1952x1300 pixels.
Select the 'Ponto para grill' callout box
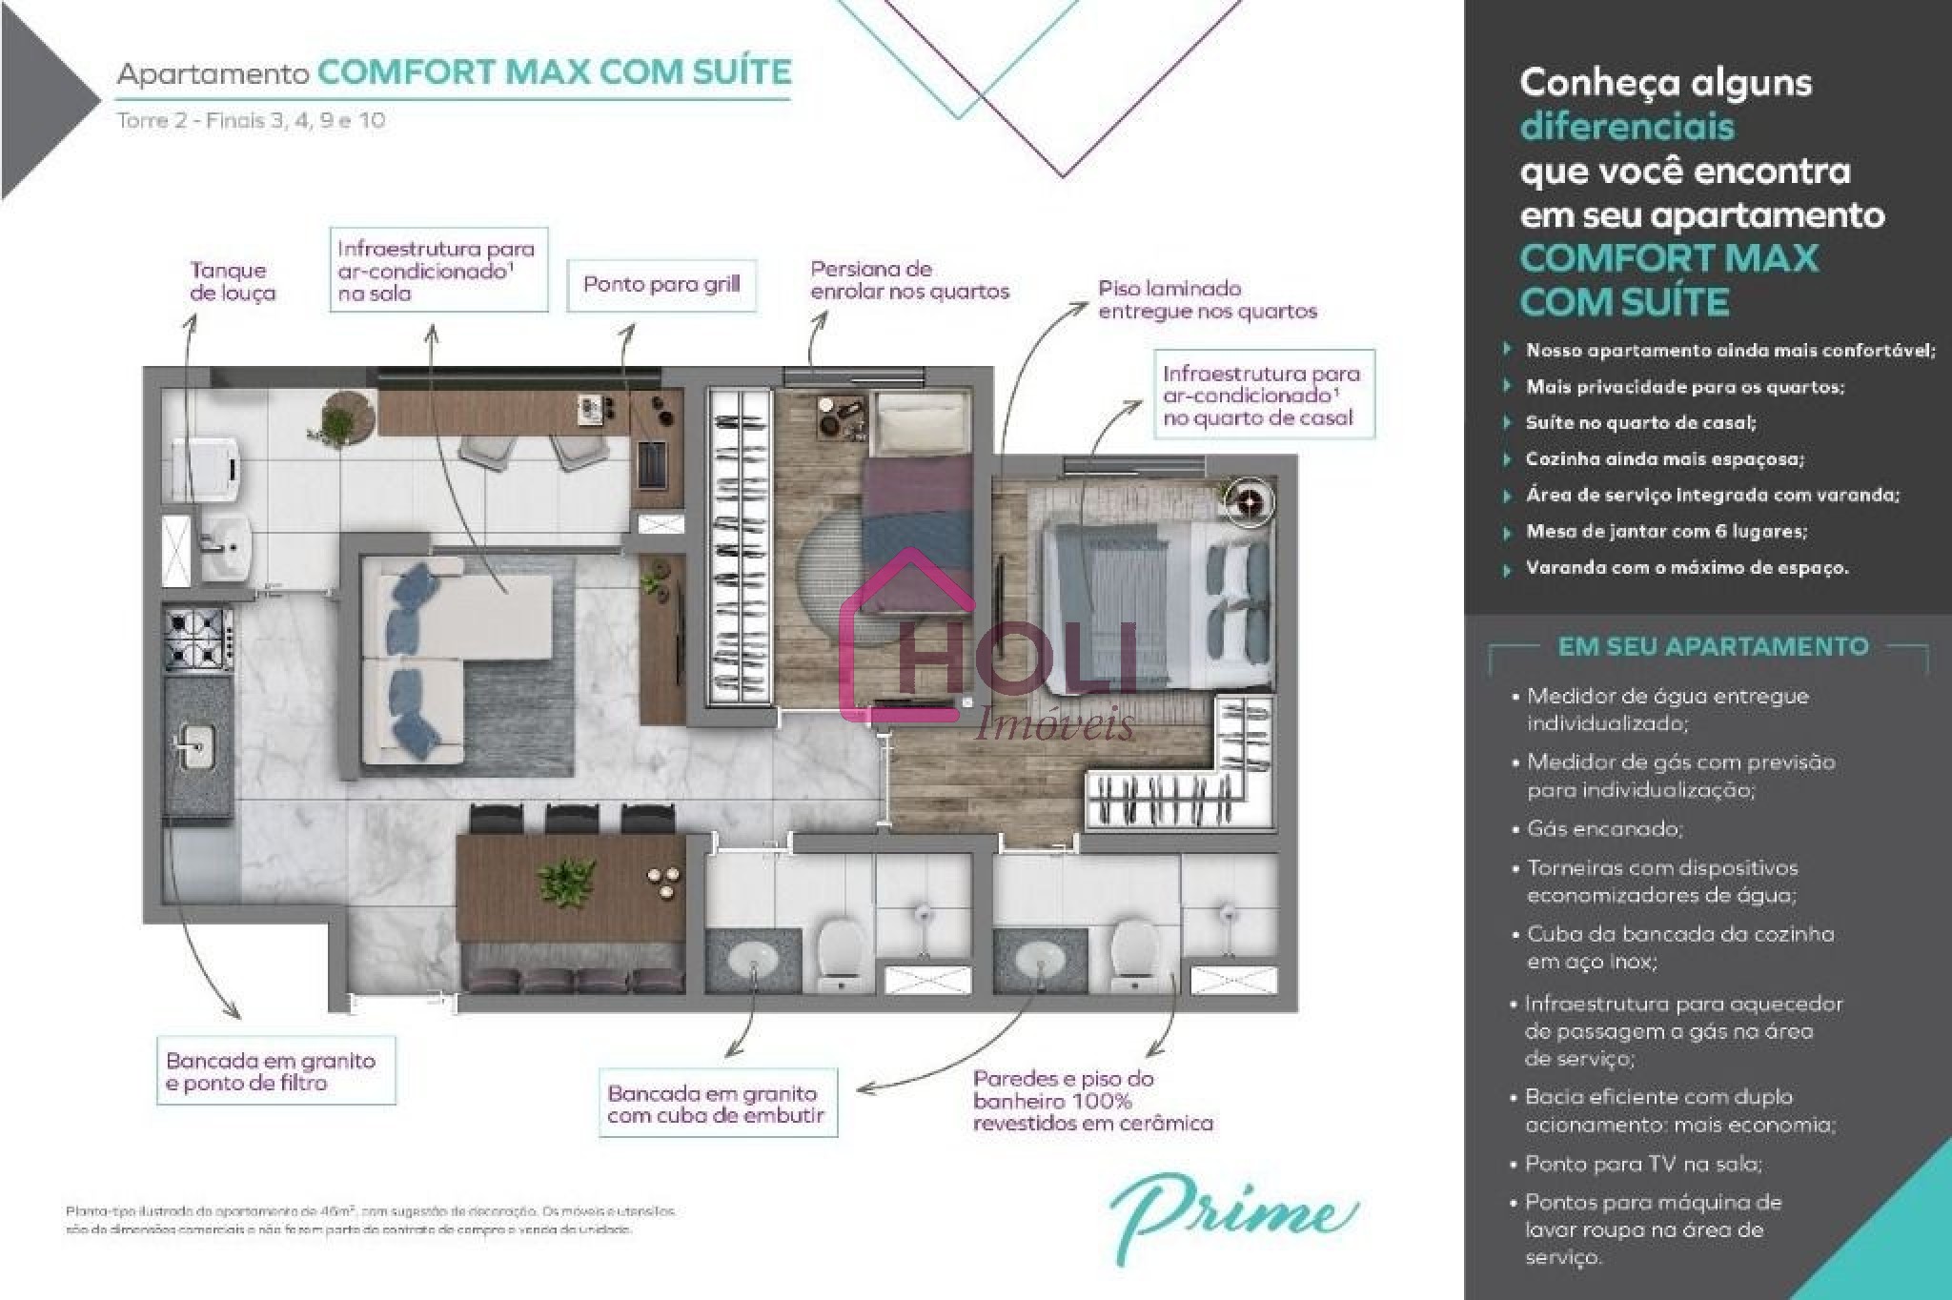point(661,285)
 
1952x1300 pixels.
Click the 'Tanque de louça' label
point(232,281)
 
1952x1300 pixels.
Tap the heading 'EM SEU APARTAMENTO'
point(1713,647)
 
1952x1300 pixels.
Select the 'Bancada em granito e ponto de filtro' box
point(275,1071)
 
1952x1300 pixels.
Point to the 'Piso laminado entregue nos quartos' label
point(1207,299)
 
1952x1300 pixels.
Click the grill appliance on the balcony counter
point(656,463)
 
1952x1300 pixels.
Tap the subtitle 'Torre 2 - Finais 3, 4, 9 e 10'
point(251,121)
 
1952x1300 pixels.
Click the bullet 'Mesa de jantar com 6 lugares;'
point(1666,532)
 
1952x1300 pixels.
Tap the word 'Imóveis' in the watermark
point(1055,726)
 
